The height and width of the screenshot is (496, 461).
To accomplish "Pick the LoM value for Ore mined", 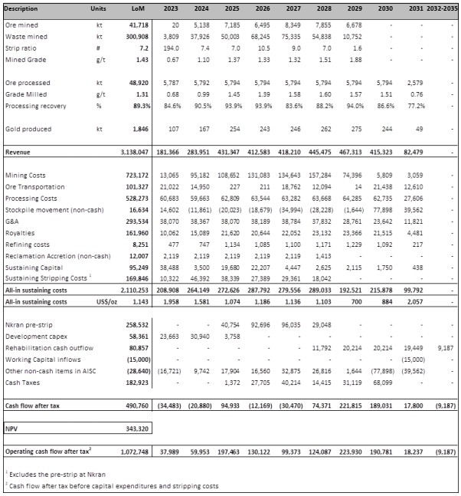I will [x=139, y=25].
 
